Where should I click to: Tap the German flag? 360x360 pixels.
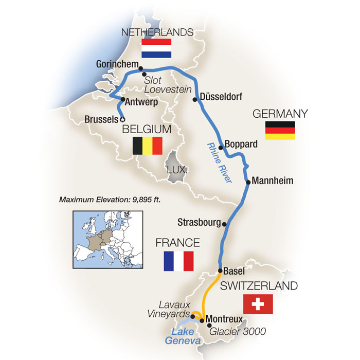[x=280, y=131]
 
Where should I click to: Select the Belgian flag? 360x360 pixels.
[x=148, y=146]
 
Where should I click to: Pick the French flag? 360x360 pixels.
[x=178, y=261]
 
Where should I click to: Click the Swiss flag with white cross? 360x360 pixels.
[x=258, y=304]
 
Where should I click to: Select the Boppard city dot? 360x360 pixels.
[x=221, y=148]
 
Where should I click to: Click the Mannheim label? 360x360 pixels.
[x=273, y=181]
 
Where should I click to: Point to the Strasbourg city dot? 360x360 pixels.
[x=224, y=223]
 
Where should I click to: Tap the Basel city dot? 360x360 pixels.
[x=220, y=271]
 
